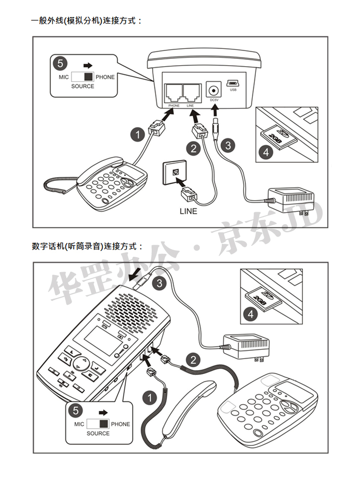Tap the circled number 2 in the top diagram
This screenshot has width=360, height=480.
tap(193, 148)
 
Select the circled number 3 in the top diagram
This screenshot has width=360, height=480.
tap(228, 144)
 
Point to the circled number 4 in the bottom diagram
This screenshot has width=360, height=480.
tap(250, 315)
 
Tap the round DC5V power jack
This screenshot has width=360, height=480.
tap(214, 89)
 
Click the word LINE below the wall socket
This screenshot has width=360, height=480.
tap(188, 211)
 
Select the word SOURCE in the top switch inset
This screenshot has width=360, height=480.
tap(83, 86)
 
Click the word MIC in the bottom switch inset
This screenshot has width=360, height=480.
tap(79, 424)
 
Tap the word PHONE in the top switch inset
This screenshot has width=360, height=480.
tap(105, 77)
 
